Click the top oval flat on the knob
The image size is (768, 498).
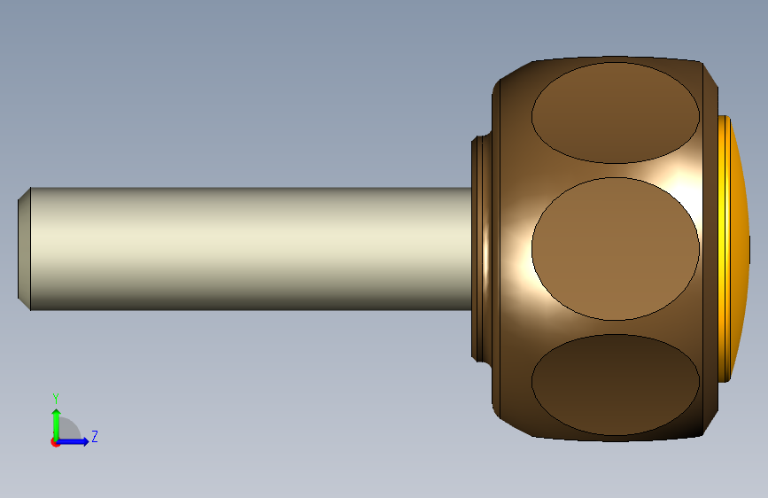[615, 113]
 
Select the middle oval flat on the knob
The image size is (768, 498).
[615, 248]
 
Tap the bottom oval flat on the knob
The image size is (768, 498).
[615, 385]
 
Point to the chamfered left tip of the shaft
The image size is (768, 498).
[24, 248]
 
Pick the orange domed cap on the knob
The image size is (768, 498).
[740, 248]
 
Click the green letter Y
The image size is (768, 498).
[56, 398]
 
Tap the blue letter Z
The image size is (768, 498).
[95, 436]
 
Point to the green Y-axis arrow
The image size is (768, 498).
[57, 424]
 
